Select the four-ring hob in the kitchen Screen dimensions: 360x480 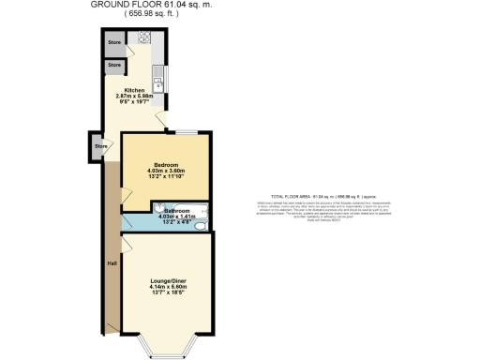[x=145, y=39]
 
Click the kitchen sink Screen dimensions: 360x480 [x=160, y=84]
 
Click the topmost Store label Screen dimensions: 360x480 [x=114, y=43]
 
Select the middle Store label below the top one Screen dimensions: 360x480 [x=114, y=65]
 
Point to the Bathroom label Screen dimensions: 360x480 [x=177, y=212]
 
